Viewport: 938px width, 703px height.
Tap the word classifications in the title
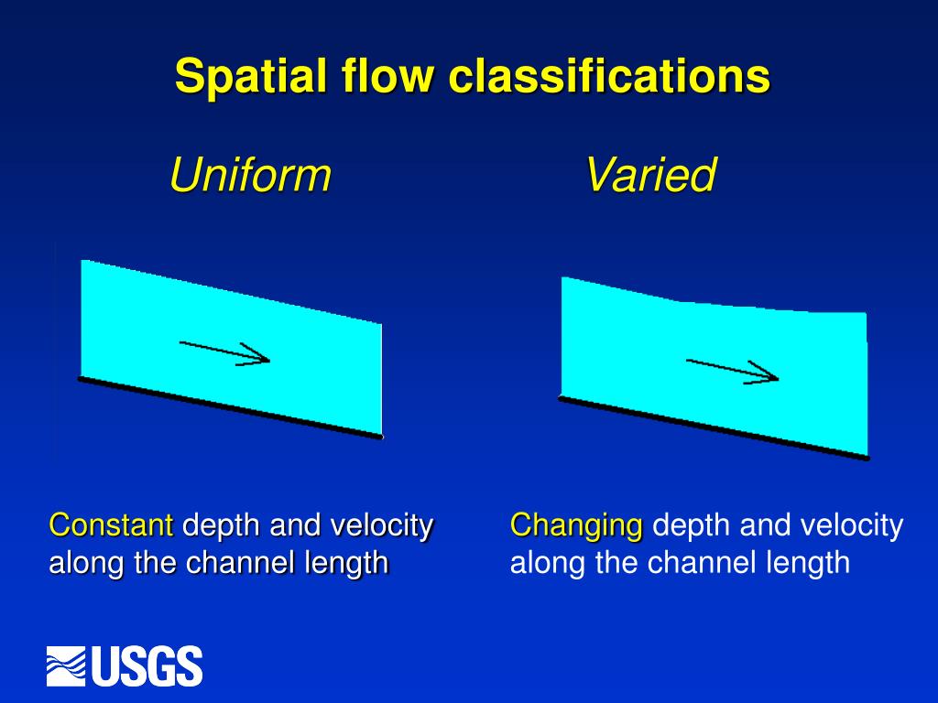(608, 76)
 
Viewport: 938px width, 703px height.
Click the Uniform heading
(249, 175)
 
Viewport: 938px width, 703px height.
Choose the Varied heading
(650, 175)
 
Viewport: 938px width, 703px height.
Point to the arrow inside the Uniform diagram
(225, 352)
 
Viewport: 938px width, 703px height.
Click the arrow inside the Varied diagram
(733, 370)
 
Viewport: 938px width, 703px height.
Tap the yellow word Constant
(111, 525)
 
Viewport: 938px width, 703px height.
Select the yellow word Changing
(576, 525)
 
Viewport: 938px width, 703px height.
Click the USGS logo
(125, 665)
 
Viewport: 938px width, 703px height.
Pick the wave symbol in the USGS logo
(67, 665)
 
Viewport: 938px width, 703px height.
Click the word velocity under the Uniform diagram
(381, 525)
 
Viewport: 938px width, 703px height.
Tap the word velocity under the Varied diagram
(852, 525)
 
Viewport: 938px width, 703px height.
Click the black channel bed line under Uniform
(229, 406)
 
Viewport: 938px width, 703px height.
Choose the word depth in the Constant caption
(221, 525)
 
